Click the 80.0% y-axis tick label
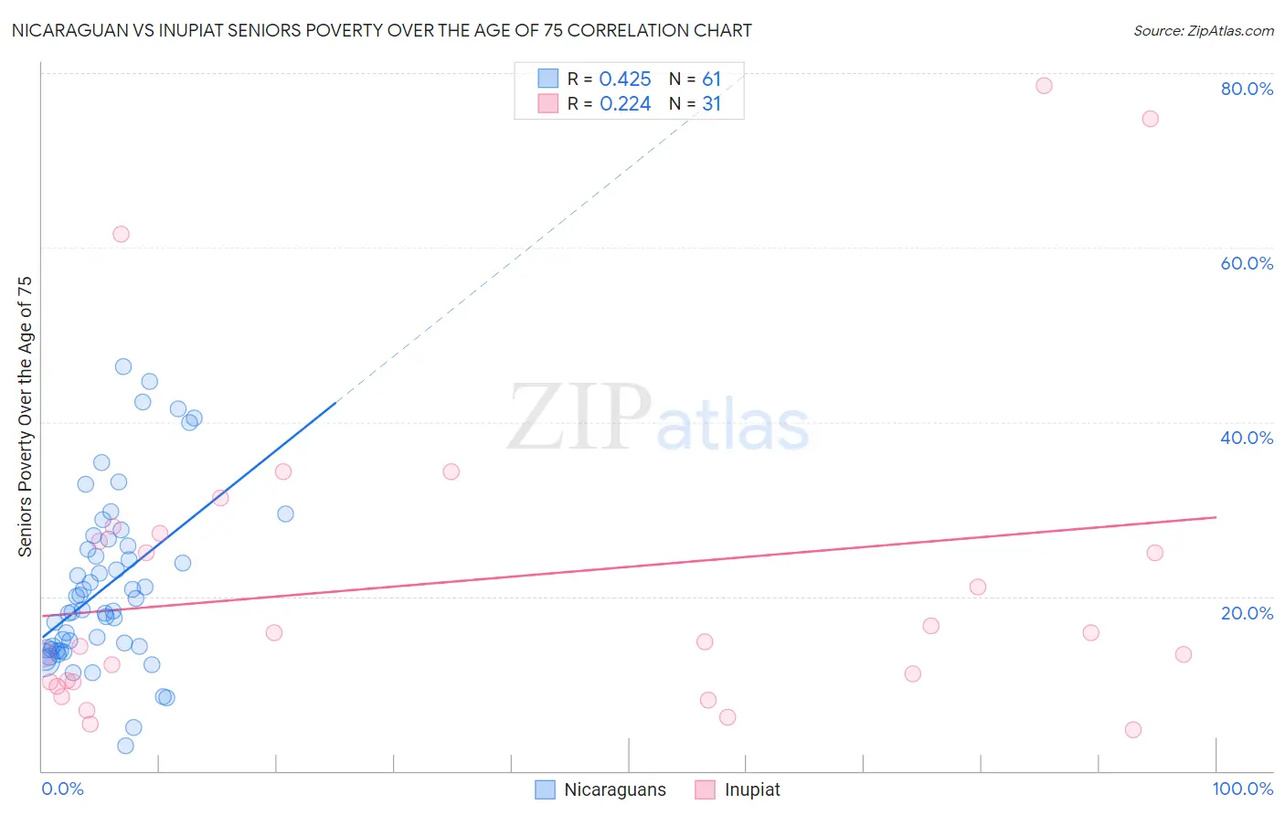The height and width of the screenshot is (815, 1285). tap(1247, 89)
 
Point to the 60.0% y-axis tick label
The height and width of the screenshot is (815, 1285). tap(1247, 263)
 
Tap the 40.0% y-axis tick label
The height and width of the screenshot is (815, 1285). tap(1247, 438)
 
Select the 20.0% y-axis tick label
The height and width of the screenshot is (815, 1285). tap(1247, 613)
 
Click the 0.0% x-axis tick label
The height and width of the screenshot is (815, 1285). tap(62, 789)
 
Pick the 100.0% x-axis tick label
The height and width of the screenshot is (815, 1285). tap(1243, 789)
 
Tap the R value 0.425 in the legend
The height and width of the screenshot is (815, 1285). tap(625, 79)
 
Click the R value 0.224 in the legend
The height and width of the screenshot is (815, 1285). tap(625, 104)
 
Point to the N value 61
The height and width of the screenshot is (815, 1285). tap(711, 79)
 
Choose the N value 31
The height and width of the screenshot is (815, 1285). tap(711, 104)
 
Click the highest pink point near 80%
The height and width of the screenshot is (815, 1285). tap(1044, 86)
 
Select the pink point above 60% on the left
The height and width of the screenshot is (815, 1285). tap(121, 234)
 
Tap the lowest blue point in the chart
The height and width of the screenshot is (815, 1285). tap(126, 746)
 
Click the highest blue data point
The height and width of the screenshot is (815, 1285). tap(123, 366)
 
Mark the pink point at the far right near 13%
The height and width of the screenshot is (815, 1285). tap(1184, 654)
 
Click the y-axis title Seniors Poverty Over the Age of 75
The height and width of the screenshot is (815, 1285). tap(26, 417)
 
